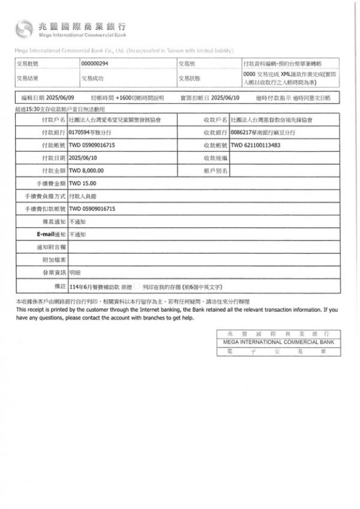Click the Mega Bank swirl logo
click(x=24, y=28)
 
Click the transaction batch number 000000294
click(x=95, y=63)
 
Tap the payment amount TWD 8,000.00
click(x=86, y=171)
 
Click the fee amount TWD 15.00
click(x=83, y=183)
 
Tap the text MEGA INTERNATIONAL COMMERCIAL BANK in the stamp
click(x=278, y=342)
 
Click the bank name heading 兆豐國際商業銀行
click(x=82, y=26)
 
